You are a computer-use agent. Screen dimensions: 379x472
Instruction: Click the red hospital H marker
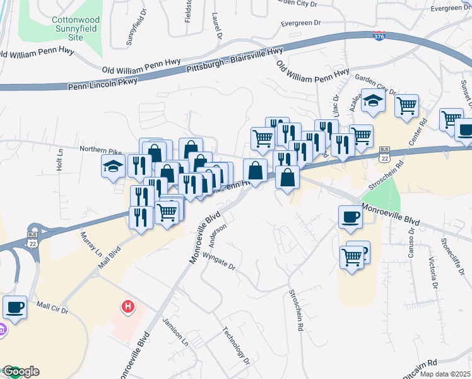[x=128, y=307]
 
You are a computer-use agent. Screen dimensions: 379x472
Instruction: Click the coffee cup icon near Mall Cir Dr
[x=15, y=307]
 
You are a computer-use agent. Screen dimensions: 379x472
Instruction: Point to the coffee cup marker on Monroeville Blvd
[x=350, y=217]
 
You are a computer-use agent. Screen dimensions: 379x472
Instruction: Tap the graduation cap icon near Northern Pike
[x=114, y=167]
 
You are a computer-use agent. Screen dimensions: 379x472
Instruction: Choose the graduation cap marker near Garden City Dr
[x=373, y=101]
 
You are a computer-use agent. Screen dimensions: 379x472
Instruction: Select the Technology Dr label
[x=237, y=346]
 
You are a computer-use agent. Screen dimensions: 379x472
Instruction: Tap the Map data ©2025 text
[x=445, y=374]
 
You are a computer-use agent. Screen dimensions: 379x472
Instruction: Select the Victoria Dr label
[x=434, y=272]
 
